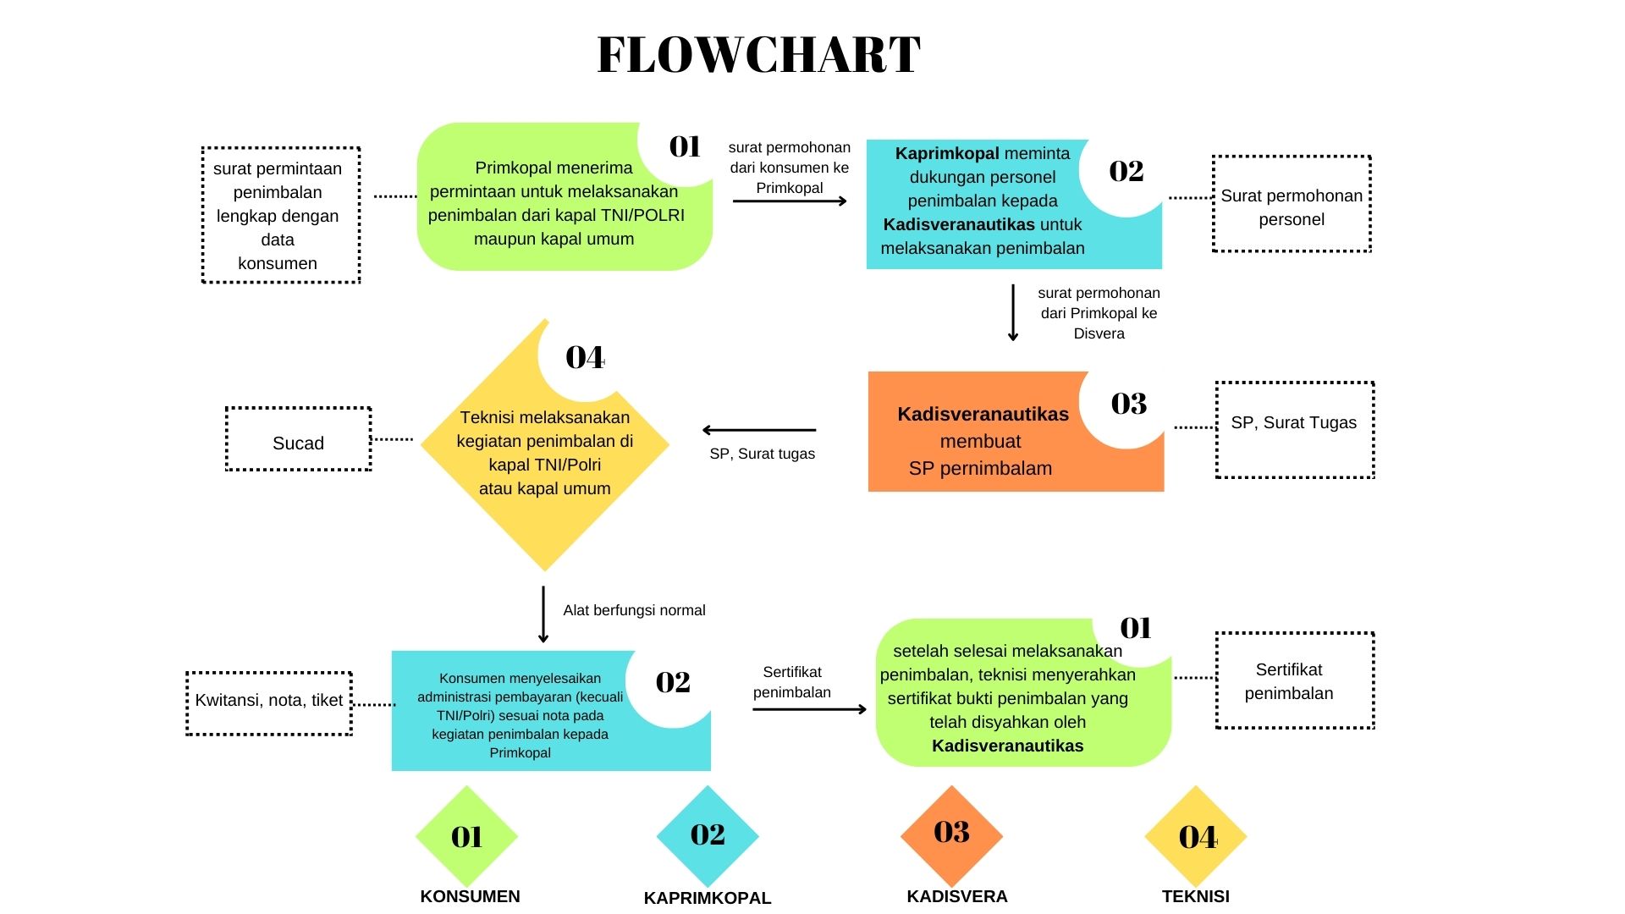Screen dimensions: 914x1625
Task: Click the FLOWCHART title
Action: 758,55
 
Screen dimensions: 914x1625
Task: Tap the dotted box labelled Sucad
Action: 298,439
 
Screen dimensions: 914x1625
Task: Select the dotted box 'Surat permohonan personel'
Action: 1292,204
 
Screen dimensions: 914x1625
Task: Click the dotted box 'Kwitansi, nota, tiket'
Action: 269,703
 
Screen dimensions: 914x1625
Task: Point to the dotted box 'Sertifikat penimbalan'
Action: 1294,680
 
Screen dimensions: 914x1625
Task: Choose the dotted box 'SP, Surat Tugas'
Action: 1294,430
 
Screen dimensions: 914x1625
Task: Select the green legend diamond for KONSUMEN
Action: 466,836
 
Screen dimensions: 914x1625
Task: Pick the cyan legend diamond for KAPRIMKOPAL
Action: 708,835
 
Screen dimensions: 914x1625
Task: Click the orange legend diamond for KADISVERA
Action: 951,835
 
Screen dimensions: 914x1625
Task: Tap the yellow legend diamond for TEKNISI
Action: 1195,836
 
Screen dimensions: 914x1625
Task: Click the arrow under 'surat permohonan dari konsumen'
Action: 790,201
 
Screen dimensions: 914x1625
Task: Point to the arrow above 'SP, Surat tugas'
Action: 759,430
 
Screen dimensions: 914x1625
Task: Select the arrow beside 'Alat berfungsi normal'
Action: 543,614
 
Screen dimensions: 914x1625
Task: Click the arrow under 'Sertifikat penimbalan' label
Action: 809,709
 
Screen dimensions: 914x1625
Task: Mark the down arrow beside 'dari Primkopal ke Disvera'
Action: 1013,312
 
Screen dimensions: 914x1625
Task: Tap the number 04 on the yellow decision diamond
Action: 585,358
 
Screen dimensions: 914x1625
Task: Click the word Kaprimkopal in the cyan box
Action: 947,154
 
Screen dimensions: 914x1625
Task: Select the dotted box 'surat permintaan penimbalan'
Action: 281,215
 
